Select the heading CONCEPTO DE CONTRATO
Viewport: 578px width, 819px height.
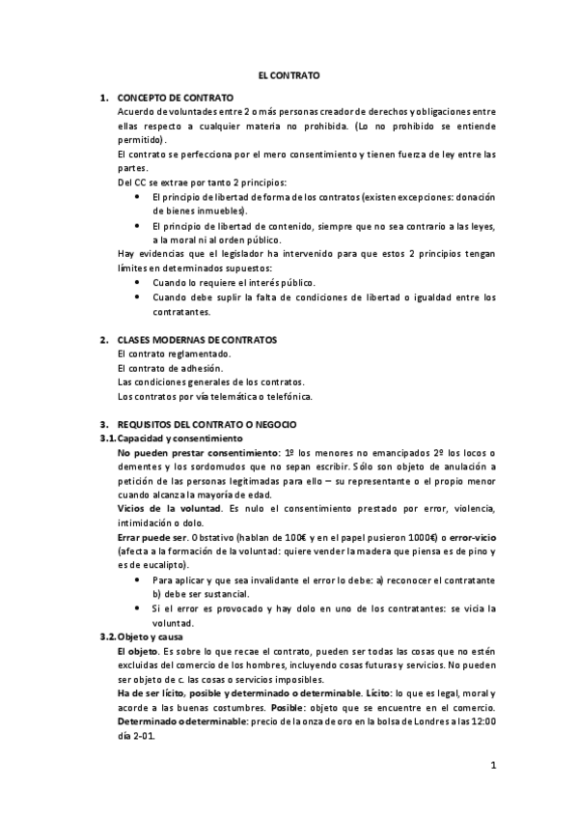click(x=174, y=99)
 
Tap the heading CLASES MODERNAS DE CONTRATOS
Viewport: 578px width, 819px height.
click(x=196, y=340)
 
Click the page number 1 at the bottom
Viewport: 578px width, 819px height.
click(x=492, y=767)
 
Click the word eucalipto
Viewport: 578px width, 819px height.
click(x=156, y=565)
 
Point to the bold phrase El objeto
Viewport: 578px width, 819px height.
click(x=137, y=651)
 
